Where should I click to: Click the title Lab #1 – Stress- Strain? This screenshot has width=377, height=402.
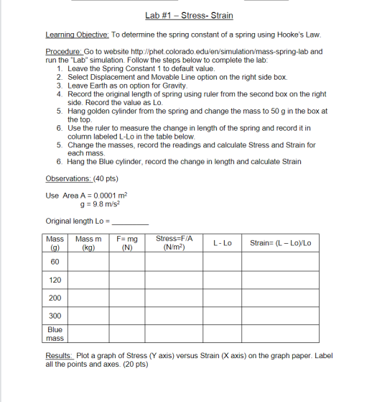pos(189,15)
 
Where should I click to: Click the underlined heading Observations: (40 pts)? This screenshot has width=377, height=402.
pos(72,178)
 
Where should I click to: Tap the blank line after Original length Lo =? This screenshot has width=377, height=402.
pos(131,221)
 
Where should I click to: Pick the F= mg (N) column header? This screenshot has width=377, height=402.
pos(127,243)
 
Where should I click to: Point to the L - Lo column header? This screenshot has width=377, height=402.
pos(223,243)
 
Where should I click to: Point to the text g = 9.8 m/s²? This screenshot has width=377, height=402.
pos(90,204)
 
